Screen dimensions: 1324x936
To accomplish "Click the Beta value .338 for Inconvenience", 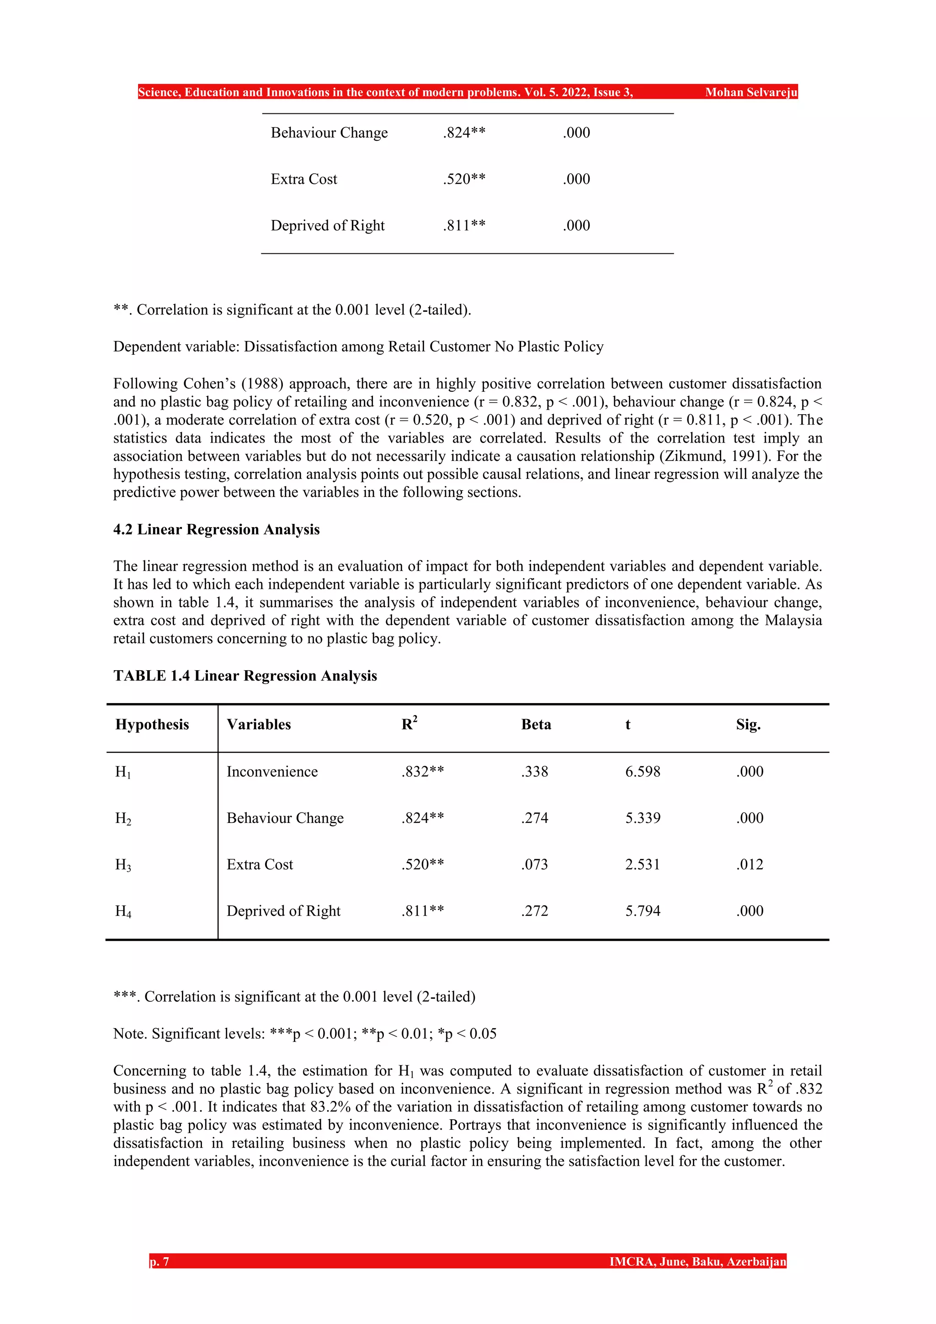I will click(534, 772).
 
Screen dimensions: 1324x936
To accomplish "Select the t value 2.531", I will click(642, 865).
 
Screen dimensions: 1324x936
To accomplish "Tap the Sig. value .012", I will click(749, 865).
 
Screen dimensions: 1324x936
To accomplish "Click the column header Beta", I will click(536, 724).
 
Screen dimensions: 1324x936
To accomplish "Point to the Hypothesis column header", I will click(152, 724).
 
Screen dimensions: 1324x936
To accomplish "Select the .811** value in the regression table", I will click(422, 911).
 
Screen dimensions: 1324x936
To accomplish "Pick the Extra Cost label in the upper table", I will click(304, 179).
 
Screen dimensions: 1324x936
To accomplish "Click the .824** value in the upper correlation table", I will click(464, 133).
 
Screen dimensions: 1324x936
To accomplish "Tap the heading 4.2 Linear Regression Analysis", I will click(216, 529).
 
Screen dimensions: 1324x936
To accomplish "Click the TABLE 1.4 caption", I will click(245, 675).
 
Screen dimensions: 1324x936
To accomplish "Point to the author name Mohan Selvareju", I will click(750, 92).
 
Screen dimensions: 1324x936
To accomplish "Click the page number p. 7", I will click(160, 1262).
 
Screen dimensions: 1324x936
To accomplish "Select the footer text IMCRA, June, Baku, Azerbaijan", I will click(697, 1262).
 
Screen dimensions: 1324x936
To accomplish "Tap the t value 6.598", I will click(642, 772).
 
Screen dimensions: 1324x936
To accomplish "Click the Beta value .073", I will click(534, 865).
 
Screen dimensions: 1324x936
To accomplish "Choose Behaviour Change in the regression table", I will click(285, 818).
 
